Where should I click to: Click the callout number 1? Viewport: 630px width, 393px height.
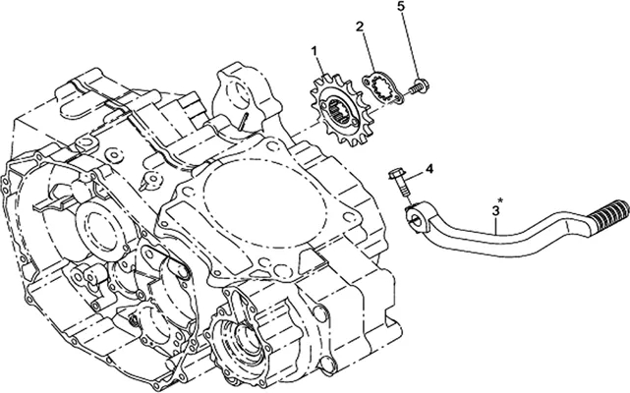click(x=315, y=51)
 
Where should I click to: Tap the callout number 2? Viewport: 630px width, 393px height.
click(x=359, y=27)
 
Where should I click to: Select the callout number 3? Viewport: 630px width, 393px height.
click(x=495, y=209)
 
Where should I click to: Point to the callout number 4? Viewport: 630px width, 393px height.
click(x=430, y=169)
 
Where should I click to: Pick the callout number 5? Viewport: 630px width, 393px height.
click(x=402, y=7)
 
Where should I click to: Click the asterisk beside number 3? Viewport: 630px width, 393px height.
click(x=500, y=200)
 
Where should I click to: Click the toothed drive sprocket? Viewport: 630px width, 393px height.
click(x=335, y=109)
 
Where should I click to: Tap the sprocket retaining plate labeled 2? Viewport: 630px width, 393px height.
click(x=382, y=87)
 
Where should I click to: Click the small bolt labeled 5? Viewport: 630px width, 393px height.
click(x=420, y=85)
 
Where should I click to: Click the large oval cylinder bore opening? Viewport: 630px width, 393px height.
click(x=262, y=203)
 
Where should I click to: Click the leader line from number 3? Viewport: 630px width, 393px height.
click(x=496, y=225)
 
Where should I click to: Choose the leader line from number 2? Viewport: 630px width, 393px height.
click(x=368, y=51)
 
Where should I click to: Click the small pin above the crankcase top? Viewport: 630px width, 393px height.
click(x=243, y=121)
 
